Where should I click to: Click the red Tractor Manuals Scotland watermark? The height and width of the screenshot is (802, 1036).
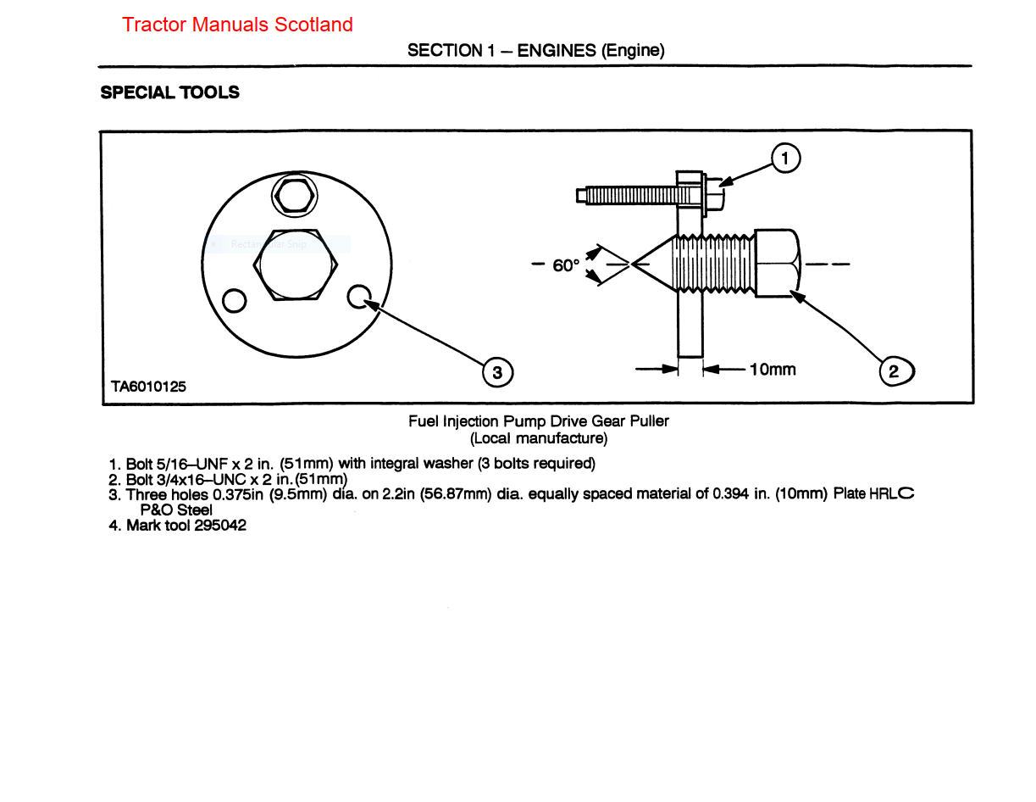point(237,25)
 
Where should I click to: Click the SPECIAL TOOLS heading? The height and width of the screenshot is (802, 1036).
point(169,92)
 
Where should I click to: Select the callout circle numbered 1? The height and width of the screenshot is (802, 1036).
point(785,159)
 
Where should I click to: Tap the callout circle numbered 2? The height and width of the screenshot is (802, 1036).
point(895,370)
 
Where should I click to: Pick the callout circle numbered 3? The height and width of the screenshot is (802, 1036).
point(496,371)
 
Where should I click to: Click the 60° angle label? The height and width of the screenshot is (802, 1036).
point(566,265)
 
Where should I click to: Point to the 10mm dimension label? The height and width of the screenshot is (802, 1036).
point(772,369)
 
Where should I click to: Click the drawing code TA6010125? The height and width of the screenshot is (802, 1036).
point(149,387)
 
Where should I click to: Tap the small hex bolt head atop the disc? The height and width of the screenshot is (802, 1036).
point(294,197)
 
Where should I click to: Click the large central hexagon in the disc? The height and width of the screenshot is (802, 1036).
point(296,264)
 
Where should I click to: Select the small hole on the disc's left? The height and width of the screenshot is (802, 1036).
point(235,300)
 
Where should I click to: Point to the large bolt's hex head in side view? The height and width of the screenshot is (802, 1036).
point(777,264)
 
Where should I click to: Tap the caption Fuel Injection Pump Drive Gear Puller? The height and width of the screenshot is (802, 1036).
point(539,420)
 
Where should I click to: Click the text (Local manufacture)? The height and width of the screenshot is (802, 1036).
point(539,438)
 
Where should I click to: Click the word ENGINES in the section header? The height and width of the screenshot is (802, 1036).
point(557,50)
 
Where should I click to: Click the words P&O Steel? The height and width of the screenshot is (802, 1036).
point(175,510)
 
